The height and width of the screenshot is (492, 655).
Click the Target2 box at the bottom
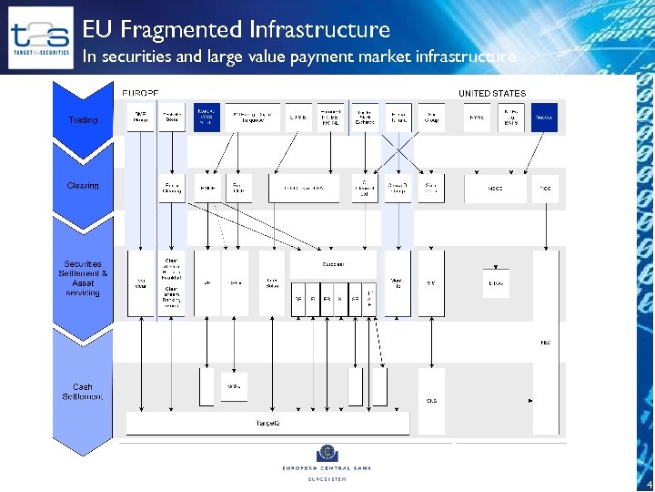[267, 424]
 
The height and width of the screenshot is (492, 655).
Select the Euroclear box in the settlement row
[332, 264]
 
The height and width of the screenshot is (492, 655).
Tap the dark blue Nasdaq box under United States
[544, 118]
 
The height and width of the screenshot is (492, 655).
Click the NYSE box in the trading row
[477, 118]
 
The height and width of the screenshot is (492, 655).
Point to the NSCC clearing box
[496, 189]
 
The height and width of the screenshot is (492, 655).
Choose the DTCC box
[496, 283]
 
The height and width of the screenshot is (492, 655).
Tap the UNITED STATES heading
[491, 94]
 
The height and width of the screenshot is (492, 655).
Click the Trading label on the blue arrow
[83, 120]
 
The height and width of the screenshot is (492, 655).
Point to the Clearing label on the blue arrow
[83, 186]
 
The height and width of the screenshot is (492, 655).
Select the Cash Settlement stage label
[83, 392]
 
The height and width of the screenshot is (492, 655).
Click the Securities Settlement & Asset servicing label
[83, 278]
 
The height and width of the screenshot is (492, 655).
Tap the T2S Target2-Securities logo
[40, 38]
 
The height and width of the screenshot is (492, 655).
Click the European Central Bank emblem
[325, 453]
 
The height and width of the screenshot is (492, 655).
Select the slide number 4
[647, 484]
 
